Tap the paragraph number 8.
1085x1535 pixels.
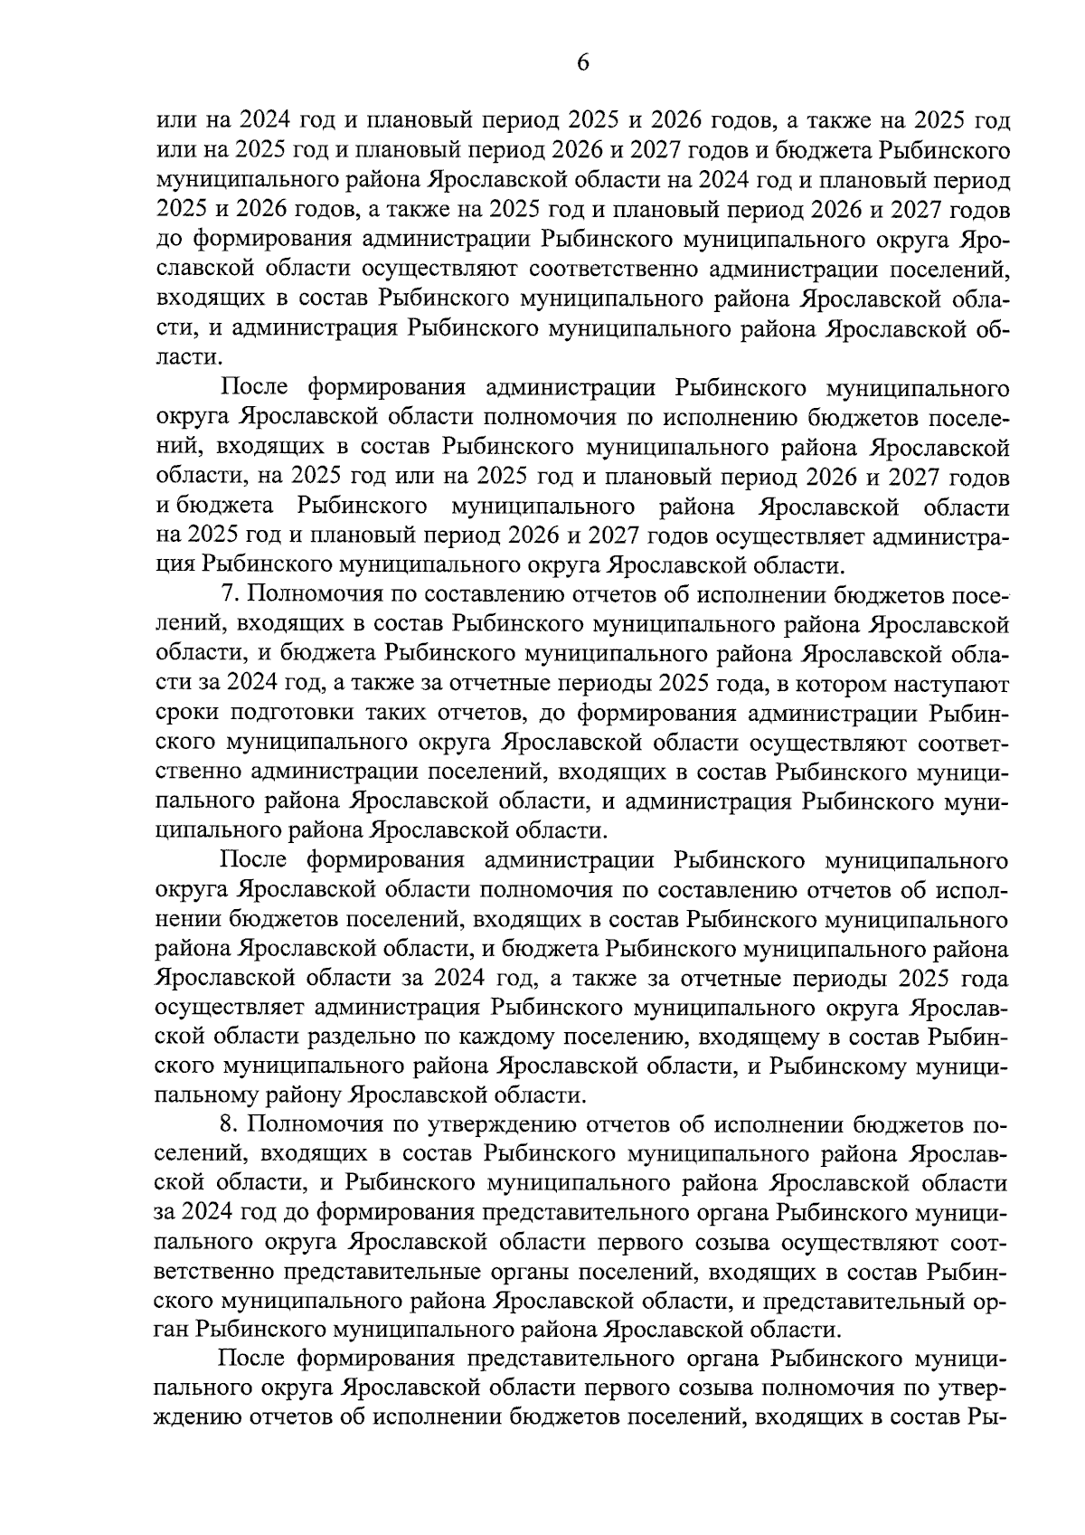[x=228, y=1124]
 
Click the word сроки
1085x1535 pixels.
[x=187, y=713]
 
